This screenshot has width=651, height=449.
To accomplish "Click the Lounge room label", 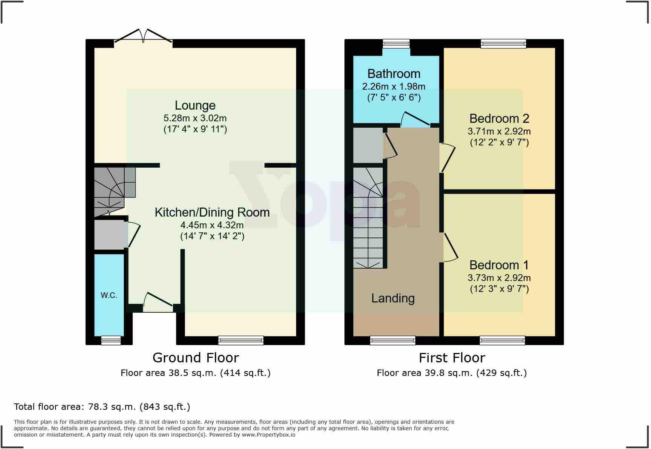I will click(x=195, y=105).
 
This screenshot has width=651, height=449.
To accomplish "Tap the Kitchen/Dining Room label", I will click(x=212, y=212).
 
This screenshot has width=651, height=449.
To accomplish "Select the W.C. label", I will click(x=109, y=296).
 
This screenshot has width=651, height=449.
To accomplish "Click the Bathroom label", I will click(x=394, y=74).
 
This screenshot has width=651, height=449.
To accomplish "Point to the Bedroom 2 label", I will click(x=499, y=119).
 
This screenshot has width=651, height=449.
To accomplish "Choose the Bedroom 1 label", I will click(x=499, y=265).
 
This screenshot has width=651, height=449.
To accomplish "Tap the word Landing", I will click(x=393, y=298).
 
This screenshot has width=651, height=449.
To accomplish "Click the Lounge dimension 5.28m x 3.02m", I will click(x=195, y=118).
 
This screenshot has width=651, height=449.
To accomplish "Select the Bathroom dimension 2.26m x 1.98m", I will click(x=394, y=87).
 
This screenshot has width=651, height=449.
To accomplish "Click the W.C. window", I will click(x=111, y=341).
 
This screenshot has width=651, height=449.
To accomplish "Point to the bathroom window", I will click(x=396, y=44).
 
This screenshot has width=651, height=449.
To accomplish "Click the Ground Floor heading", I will click(x=196, y=357).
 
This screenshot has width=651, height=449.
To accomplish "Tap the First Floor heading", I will click(x=452, y=357).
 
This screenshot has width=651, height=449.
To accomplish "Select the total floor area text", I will click(x=102, y=407).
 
